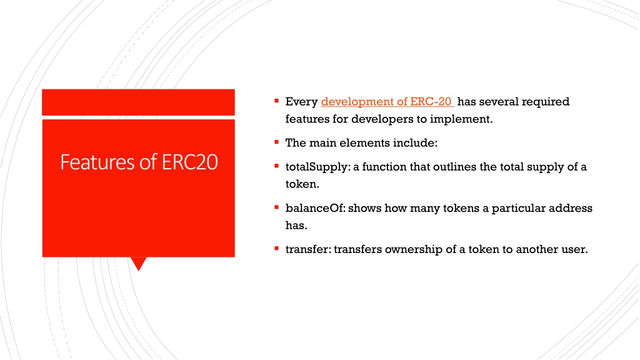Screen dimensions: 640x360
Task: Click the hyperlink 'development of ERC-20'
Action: coord(387,101)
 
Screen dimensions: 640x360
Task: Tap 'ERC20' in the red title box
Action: coord(190,162)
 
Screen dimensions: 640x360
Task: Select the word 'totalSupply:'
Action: coord(317,167)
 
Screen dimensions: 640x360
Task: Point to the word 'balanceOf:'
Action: coord(315,208)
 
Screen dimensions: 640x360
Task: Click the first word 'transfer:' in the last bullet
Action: coord(308,249)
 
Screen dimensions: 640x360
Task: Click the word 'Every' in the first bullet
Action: coord(301,102)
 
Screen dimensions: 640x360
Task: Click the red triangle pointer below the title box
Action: coord(139,263)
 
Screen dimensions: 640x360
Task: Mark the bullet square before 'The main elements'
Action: coord(276,142)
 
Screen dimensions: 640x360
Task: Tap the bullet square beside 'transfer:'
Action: coord(276,248)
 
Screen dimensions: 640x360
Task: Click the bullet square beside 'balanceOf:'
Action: coord(276,207)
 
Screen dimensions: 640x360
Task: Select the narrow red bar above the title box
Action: coord(138,102)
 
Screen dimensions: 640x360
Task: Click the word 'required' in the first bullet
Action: coord(545,102)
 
